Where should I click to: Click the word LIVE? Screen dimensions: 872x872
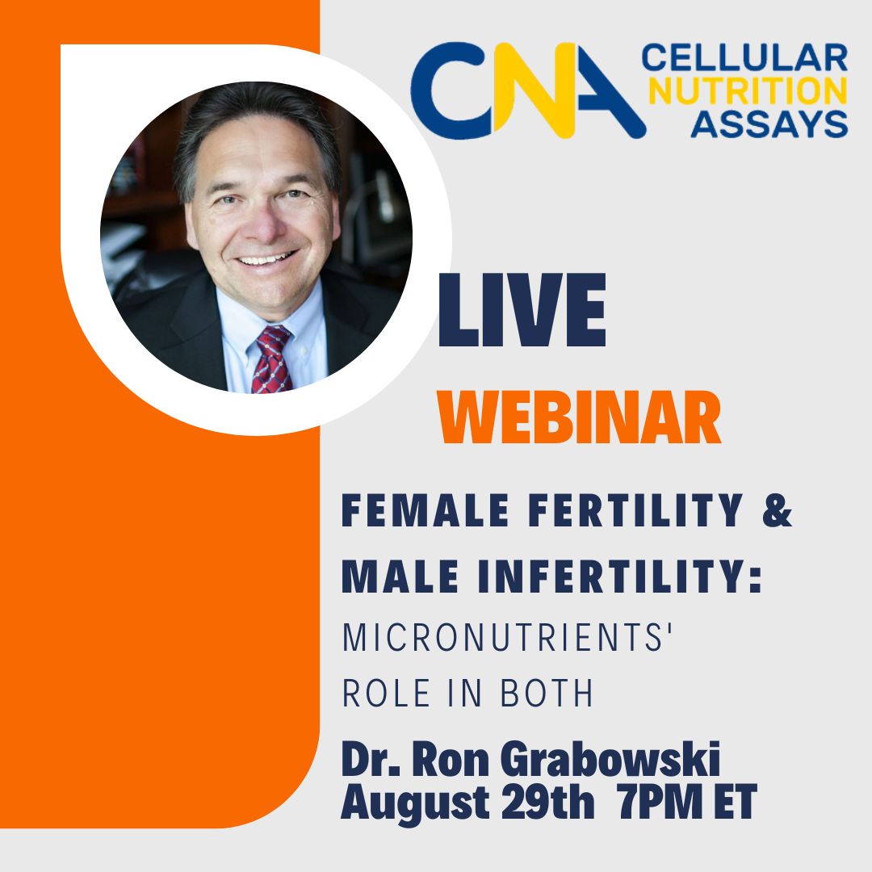tap(522, 312)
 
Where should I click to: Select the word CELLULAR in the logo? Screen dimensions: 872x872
tap(744, 60)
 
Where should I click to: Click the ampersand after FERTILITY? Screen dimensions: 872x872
tap(777, 512)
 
